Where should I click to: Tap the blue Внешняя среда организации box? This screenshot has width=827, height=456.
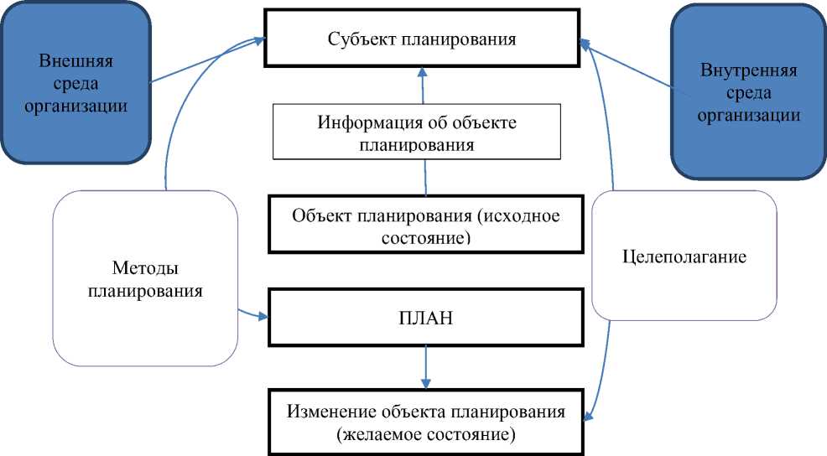76,84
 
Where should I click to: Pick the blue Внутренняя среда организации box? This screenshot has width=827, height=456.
748,92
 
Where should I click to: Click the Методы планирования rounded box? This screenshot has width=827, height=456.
144,279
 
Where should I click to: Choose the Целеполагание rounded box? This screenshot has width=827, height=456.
685,256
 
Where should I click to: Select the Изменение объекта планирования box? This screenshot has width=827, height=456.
425,423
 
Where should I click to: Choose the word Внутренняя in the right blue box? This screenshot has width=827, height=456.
748,70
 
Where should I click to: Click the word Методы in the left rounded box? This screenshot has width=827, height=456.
144,268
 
